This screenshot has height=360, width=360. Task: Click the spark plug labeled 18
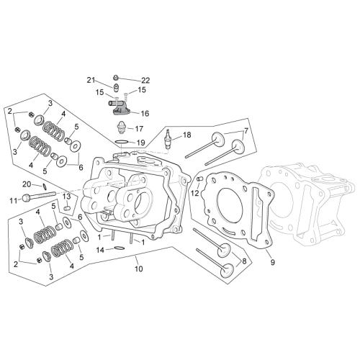coord(167,140)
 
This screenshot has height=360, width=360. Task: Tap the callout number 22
coord(145,81)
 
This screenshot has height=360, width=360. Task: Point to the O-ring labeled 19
coord(121,142)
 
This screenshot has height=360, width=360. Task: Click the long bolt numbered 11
coord(39,196)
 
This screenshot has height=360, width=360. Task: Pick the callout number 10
coord(138,269)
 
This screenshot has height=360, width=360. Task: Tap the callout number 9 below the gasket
coord(272,262)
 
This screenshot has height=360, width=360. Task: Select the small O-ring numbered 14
coord(119,248)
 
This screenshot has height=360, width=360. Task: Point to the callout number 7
coord(246,132)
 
